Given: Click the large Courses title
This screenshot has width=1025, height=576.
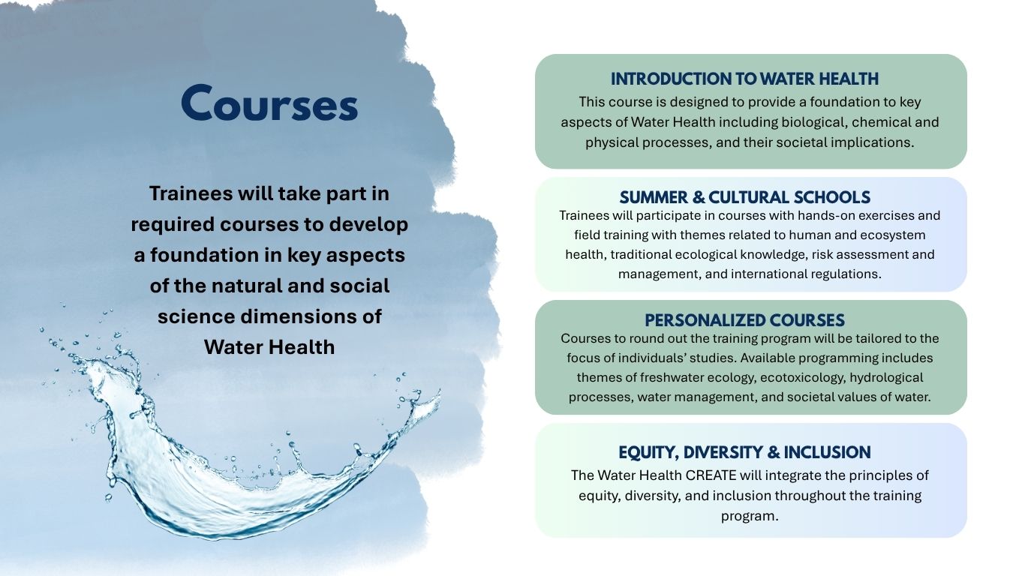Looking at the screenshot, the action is coord(269,103).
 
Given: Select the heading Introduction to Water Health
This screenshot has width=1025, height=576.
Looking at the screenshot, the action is coord(744,79).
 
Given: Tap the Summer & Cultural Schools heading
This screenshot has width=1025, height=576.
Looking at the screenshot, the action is coord(745,197).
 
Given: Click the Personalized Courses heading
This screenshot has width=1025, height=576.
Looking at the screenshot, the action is coord(744,320).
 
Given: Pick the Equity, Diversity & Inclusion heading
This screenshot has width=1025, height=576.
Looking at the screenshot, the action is coord(744,452).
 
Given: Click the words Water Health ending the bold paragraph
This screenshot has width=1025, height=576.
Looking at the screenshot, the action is coord(269,346).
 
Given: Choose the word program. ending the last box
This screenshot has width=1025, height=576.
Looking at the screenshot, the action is coord(750,517).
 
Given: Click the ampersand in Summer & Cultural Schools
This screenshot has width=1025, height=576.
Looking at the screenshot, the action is coord(699,197).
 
